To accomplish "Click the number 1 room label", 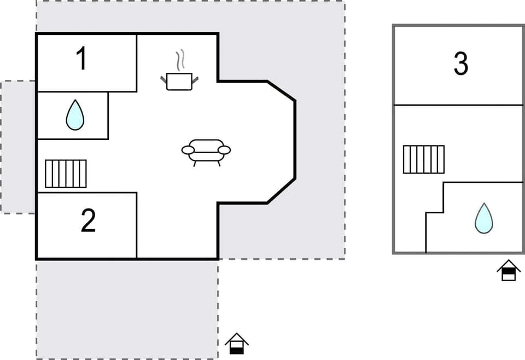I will pos(81,59).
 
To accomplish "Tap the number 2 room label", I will pos(88,220).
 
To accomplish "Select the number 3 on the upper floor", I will pos(461,65).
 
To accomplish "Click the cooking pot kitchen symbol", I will pos(179,81).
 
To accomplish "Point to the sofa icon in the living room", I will pos(206,150).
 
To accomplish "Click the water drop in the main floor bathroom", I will pos(75,117).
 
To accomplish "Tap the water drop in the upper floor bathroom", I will pos(483,218).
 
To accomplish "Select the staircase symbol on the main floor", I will pos(66,173).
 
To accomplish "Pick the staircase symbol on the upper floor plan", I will pos(424,159).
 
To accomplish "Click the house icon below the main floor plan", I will pos(237,344).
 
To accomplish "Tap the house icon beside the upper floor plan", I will pos(509,270).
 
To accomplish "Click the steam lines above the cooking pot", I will pos(180,60).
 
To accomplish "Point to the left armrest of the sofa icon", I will pos(188,149).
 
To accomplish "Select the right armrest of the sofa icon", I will pos(224,149).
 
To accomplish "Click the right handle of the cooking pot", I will pos(195,80).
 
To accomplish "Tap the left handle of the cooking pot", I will pos(164,80).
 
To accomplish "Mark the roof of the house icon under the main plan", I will pos(237,338).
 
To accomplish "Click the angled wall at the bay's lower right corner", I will pos(282,191).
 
